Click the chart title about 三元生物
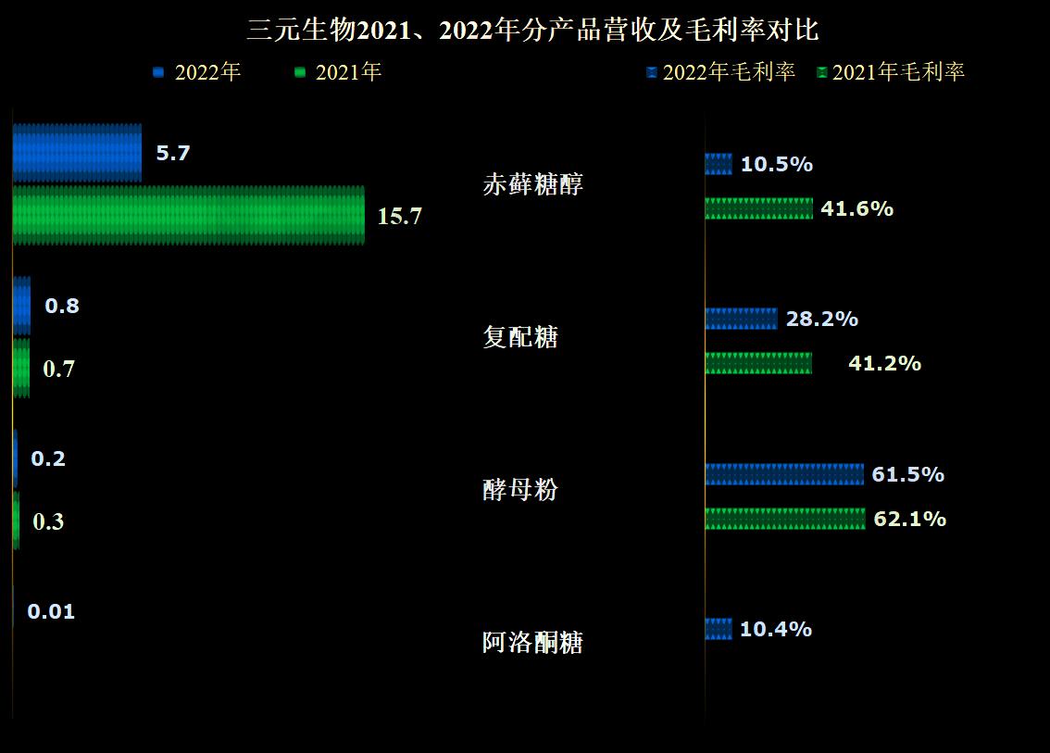(x=532, y=31)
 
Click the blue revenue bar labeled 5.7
(x=77, y=152)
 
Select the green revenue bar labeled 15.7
(x=188, y=215)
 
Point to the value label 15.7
(x=399, y=217)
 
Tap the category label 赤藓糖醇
(x=533, y=184)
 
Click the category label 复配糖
(x=520, y=337)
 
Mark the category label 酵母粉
(x=520, y=490)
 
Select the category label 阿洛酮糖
(x=533, y=643)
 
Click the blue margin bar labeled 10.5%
(x=719, y=164)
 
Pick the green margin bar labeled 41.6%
(x=759, y=208)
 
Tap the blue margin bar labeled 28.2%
(x=741, y=319)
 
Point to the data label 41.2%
(x=884, y=363)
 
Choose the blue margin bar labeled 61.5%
(x=784, y=474)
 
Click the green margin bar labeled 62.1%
(x=785, y=519)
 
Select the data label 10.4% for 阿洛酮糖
(x=776, y=630)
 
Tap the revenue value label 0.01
(x=51, y=611)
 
